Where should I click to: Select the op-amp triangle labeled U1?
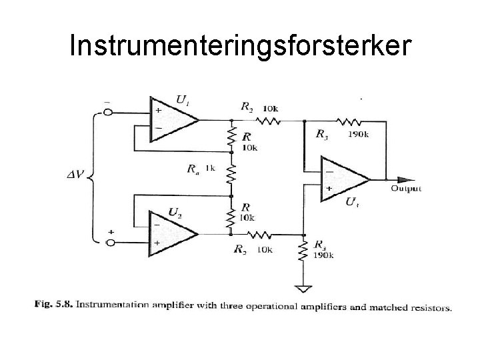171,121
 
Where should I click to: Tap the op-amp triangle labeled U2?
171,234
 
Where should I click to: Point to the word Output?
406,189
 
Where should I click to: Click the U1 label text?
181,101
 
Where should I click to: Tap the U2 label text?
175,212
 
